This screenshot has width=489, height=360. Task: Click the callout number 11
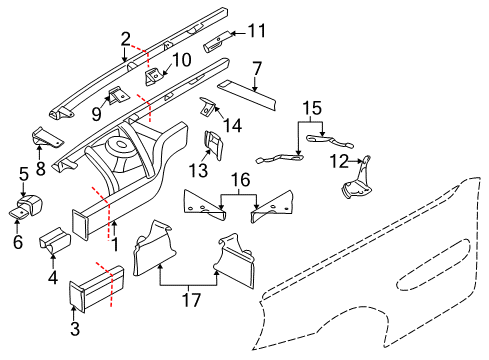coord(257,31)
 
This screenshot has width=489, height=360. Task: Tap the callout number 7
coord(257,69)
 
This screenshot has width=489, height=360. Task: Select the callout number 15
coord(312,108)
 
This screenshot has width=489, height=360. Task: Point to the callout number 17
coord(191,299)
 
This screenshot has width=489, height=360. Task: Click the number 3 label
coord(75,328)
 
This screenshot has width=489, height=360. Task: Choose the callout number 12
coord(339,161)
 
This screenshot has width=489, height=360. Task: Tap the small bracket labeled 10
coord(153,76)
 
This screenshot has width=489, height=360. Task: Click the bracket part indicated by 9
coord(117,95)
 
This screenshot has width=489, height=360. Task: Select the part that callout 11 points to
coord(217,42)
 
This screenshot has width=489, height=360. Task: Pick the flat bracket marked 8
coord(47,137)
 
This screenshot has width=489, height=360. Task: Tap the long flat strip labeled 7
coord(247,95)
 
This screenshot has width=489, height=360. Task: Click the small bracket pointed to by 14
coord(208,107)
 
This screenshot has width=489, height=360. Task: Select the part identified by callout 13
coord(213,145)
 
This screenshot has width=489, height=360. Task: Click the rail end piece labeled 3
coord(96,288)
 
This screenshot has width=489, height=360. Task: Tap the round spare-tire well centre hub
coord(119,146)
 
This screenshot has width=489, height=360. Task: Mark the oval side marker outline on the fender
coord(433,265)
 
